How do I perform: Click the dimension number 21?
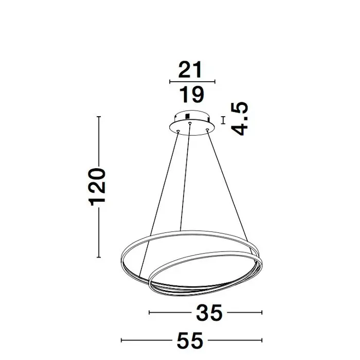click(x=191, y=70)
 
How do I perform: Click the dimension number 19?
click(x=191, y=94)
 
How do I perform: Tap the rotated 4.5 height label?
click(x=240, y=118)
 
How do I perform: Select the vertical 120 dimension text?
click(x=98, y=187)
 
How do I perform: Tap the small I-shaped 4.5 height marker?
click(x=223, y=120)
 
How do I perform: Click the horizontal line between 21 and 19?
click(x=192, y=82)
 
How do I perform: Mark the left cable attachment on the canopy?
click(x=177, y=131)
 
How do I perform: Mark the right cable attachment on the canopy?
click(x=208, y=130)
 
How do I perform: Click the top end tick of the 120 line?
click(x=98, y=117)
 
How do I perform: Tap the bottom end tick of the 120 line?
click(x=98, y=257)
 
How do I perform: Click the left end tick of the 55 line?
click(x=121, y=340)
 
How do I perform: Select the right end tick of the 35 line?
click(x=262, y=312)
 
